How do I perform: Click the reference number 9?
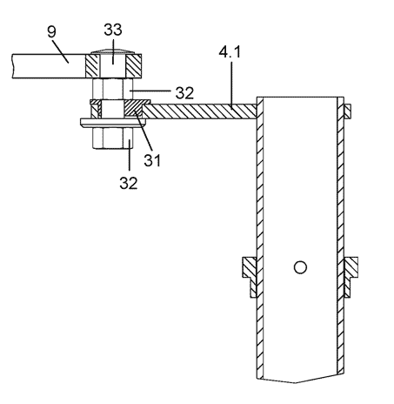[x=51, y=31]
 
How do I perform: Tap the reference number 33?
[x=113, y=30]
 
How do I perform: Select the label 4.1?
[x=230, y=52]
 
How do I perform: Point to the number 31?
[x=152, y=160]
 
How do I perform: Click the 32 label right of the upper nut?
[x=184, y=93]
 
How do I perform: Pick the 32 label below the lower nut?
[x=129, y=183]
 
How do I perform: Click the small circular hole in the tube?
[x=300, y=267]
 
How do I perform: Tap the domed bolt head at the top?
[x=113, y=52]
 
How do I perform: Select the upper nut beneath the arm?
[x=112, y=89]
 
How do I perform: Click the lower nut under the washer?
[x=112, y=138]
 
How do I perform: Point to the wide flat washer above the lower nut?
[x=114, y=123]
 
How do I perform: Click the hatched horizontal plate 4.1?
[x=200, y=111]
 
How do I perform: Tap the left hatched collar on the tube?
[x=250, y=276]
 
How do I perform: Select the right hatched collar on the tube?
[x=351, y=276]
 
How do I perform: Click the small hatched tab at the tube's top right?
[x=347, y=111]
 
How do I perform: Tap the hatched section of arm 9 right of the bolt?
[x=134, y=66]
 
